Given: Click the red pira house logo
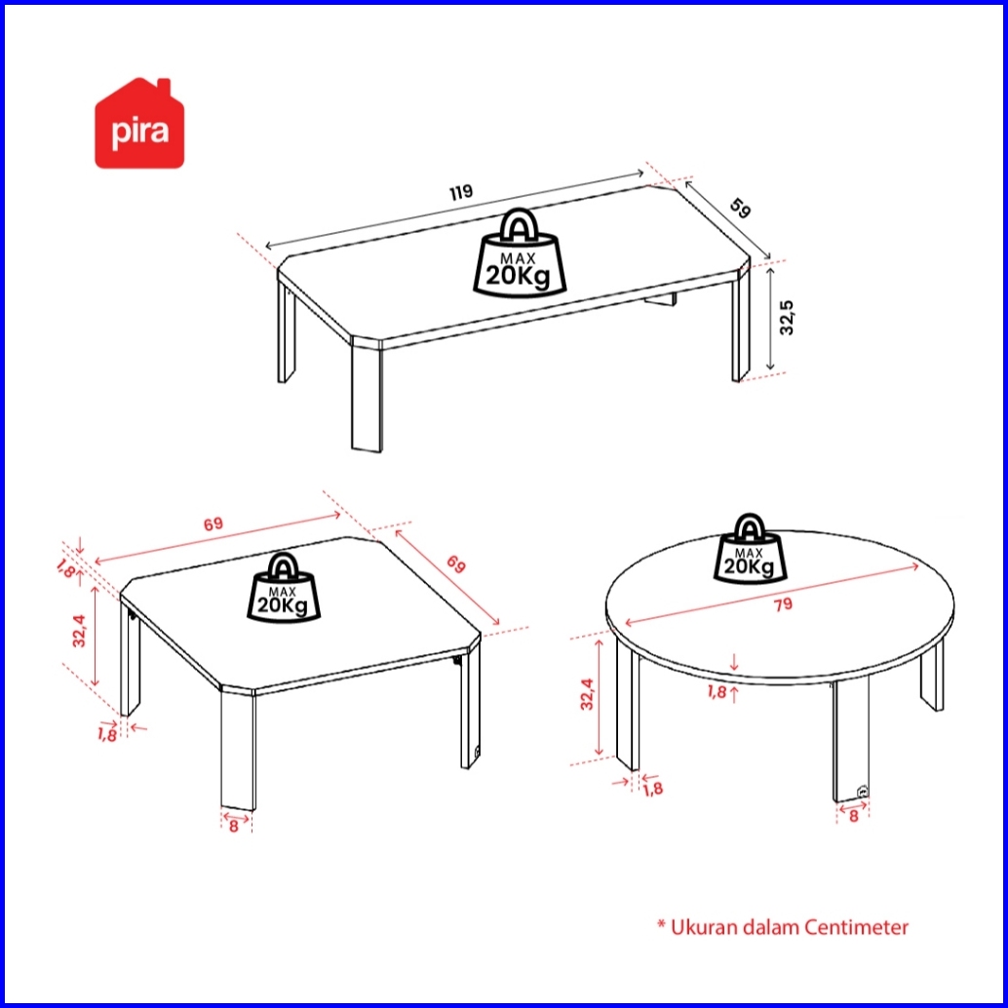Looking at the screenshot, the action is click(x=139, y=124).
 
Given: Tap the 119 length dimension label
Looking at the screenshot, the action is click(x=461, y=192).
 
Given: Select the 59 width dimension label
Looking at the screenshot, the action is click(x=740, y=209).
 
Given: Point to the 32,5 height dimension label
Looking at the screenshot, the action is click(x=787, y=318).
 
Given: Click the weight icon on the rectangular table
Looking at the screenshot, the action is click(x=520, y=252).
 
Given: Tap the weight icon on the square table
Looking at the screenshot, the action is click(x=283, y=588).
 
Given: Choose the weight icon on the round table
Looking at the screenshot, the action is click(x=749, y=550).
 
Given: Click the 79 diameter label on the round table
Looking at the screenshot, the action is click(x=783, y=604).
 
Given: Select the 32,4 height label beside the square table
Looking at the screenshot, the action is click(x=78, y=631).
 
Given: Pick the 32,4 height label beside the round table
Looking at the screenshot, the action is click(x=587, y=694).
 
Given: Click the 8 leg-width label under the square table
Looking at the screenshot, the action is click(x=233, y=826).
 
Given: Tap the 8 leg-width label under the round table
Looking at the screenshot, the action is click(x=853, y=816).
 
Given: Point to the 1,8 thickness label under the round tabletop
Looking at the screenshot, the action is click(x=717, y=692).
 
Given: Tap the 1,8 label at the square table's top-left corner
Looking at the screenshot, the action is click(x=66, y=568).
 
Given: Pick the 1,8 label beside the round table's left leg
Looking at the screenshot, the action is click(x=652, y=789).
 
